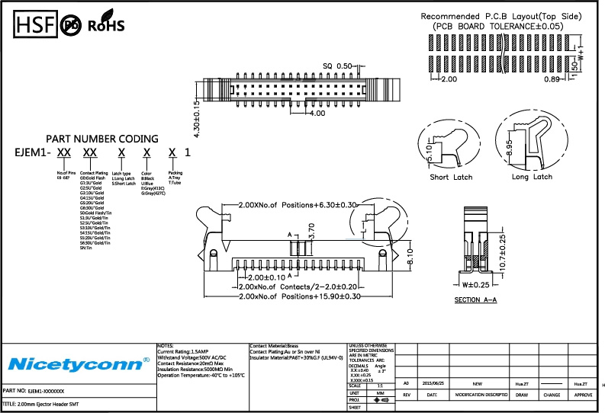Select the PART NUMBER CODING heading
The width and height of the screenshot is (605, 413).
[102, 139]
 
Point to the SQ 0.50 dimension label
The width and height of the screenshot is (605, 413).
[338, 66]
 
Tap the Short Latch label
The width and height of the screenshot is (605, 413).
[451, 177]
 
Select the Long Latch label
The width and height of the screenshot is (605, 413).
[532, 177]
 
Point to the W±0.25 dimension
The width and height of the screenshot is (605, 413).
[475, 285]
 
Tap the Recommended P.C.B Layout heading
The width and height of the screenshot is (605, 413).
[501, 16]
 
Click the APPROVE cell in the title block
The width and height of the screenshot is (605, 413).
[584, 395]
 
